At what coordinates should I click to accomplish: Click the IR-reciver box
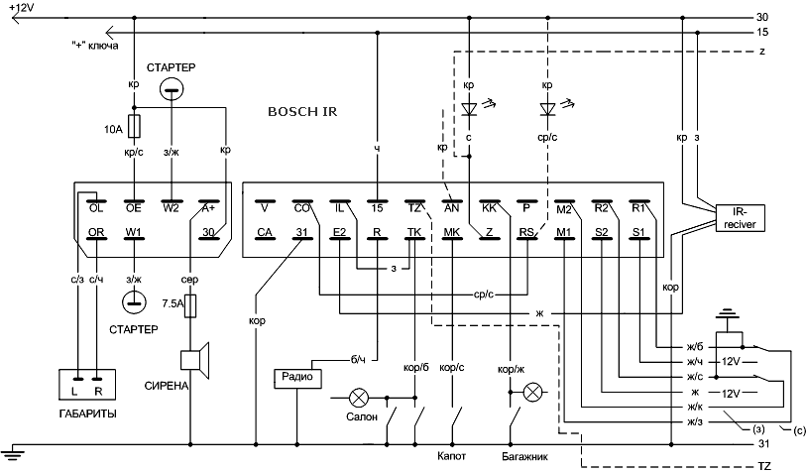[740, 218]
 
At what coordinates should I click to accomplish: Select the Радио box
[297, 378]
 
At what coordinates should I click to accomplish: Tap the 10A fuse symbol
[134, 127]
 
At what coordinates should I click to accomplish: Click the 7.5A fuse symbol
[190, 305]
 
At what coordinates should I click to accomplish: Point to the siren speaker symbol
[195, 360]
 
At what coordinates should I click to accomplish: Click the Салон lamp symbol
[358, 398]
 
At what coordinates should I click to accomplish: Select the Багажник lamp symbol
[532, 393]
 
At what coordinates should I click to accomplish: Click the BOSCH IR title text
[302, 112]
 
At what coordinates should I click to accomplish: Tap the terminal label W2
[171, 208]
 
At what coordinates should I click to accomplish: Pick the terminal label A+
[208, 208]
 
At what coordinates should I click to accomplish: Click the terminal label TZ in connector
[413, 208]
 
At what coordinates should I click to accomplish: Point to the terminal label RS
[526, 232]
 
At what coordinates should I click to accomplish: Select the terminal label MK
[451, 232]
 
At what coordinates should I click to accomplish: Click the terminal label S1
[638, 232]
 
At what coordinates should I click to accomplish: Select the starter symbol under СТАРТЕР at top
[172, 90]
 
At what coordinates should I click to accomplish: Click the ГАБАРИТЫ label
[87, 414]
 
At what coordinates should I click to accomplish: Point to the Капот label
[451, 455]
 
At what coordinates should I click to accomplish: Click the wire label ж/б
[695, 347]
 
